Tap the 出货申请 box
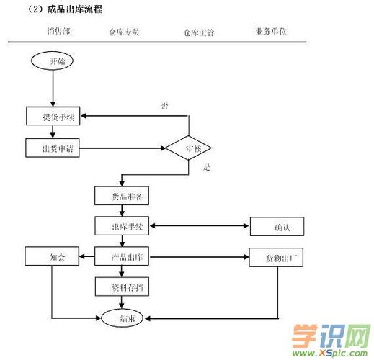(x=53, y=149)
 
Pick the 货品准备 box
(x=121, y=196)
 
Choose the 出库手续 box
(x=121, y=228)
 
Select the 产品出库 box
(x=121, y=257)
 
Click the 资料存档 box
(x=121, y=287)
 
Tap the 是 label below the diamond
(x=207, y=167)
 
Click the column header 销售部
(x=58, y=32)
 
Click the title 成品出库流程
(x=75, y=9)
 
